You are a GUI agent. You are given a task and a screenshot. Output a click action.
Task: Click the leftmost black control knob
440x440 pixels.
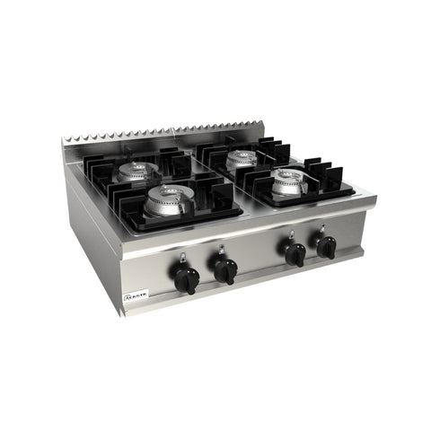pyautogui.click(x=186, y=281)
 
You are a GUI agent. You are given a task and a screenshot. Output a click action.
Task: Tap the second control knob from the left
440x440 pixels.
pyautogui.click(x=225, y=270)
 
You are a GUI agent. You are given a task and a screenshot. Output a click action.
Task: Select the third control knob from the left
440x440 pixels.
pyautogui.click(x=295, y=255)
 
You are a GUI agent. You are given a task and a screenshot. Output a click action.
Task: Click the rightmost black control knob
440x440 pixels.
pyautogui.click(x=328, y=248)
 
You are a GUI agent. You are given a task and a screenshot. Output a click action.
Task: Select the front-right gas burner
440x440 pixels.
pyautogui.click(x=290, y=181)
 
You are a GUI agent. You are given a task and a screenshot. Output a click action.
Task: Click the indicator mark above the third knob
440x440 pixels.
pyautogui.click(x=289, y=236)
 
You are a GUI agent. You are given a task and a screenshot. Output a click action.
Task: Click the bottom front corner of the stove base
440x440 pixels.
pyautogui.click(x=121, y=314)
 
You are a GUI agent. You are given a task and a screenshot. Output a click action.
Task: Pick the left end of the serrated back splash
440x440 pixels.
pyautogui.click(x=65, y=144)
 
